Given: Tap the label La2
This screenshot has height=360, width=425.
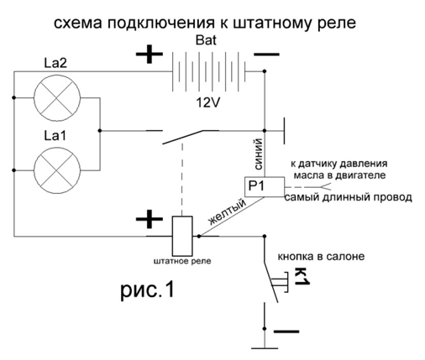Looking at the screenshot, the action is pyautogui.click(x=55, y=63).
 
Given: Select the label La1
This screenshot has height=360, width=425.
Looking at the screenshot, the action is pyautogui.click(x=55, y=136).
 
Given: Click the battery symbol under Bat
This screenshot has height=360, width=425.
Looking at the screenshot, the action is pyautogui.click(x=208, y=71).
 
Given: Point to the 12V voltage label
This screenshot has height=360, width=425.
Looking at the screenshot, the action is pyautogui.click(x=207, y=103).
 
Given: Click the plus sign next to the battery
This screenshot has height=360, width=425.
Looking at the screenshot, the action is pyautogui.click(x=150, y=54).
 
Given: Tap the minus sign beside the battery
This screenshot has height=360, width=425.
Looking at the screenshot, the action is pyautogui.click(x=266, y=55).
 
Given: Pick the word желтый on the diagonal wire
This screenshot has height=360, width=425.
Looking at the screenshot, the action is pyautogui.click(x=228, y=211).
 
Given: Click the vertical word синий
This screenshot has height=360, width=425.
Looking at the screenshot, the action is pyautogui.click(x=259, y=154).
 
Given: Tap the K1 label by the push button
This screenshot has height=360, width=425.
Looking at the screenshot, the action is pyautogui.click(x=302, y=277).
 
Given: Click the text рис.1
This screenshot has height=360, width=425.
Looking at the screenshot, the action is pyautogui.click(x=148, y=290).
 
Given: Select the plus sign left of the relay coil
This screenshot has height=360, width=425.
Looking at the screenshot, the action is pyautogui.click(x=150, y=219).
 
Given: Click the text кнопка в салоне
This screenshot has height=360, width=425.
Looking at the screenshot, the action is pyautogui.click(x=321, y=256).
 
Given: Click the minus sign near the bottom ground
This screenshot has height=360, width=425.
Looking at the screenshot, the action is pyautogui.click(x=286, y=331).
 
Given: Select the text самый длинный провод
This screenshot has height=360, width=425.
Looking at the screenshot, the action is pyautogui.click(x=348, y=197).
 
